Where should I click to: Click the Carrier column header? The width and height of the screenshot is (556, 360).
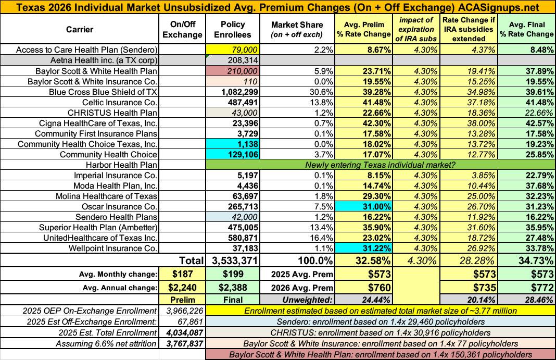click(80, 30)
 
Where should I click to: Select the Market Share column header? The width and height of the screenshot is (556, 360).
click(297, 30)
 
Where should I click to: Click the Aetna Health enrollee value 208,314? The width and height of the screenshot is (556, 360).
click(233, 60)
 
